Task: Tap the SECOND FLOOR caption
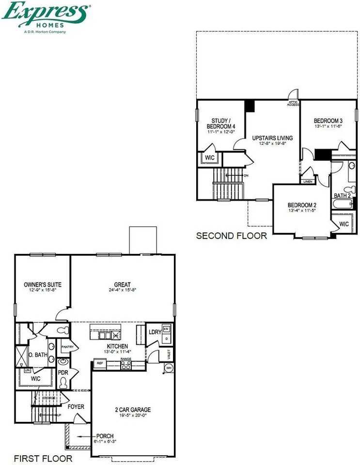[x=231, y=236]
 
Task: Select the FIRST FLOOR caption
[x=43, y=458]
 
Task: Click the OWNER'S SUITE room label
[x=43, y=284]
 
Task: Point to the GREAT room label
[x=123, y=284]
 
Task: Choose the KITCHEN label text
[x=117, y=346]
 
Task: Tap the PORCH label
[x=105, y=435]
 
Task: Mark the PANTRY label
[x=67, y=347]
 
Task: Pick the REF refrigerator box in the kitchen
[x=100, y=363]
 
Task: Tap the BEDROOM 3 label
[x=328, y=121]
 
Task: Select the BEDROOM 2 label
[x=302, y=204]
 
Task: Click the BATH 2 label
[x=342, y=195]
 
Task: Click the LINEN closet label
[x=308, y=182]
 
